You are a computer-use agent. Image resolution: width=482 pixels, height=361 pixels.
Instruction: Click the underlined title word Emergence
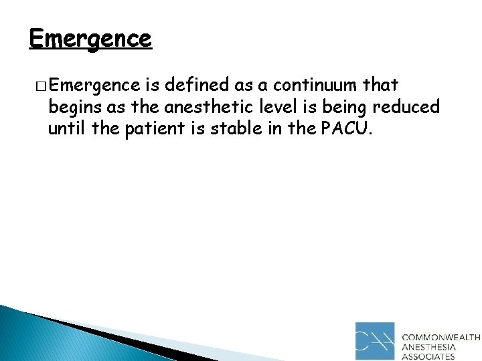pos(90,38)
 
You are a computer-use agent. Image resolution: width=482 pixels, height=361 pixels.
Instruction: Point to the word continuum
pos(311,86)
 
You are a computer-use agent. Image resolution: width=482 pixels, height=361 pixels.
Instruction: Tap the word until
pos(67,128)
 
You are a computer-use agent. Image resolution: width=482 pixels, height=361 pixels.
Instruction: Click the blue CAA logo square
pos(375,341)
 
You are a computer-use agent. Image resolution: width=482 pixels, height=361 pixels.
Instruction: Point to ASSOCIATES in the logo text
pos(428,357)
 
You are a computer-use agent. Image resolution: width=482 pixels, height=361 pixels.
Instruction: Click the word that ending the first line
pos(380,86)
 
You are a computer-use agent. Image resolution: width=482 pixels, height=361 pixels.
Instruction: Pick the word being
pos(347,107)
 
